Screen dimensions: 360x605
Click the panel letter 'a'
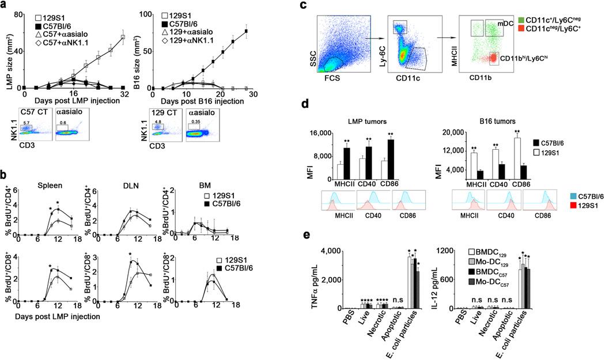point(5,5)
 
